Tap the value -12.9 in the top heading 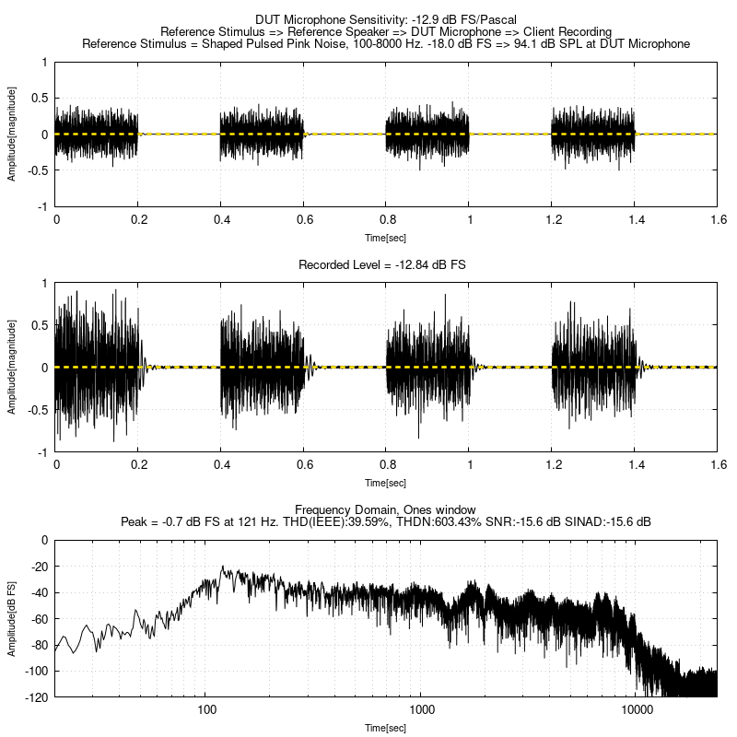point(415,18)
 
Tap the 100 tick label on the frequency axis point(206,710)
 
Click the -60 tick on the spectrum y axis point(40,618)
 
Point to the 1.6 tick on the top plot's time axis point(717,220)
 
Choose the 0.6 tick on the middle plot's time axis point(303,466)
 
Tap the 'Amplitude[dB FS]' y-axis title point(12,618)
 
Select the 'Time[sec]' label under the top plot point(385,237)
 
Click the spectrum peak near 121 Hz point(222,568)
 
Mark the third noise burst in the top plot point(427,134)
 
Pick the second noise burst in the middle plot point(262,367)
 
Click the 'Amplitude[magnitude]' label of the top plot point(12,134)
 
